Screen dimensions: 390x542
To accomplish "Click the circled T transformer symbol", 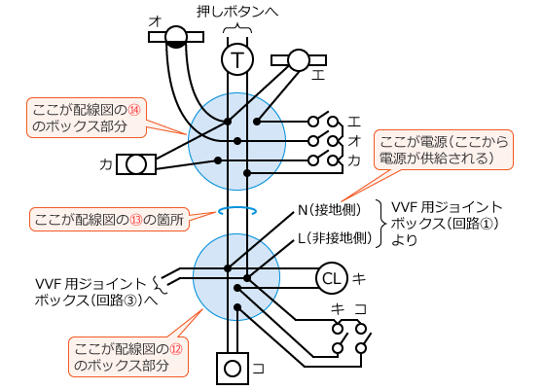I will click(x=236, y=60).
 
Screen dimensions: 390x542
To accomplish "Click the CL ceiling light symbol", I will click(x=331, y=279).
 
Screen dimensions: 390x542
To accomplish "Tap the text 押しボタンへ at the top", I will click(x=238, y=13).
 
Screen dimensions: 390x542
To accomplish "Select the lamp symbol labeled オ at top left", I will click(x=176, y=37).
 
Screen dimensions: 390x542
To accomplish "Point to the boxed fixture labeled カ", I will click(x=137, y=163).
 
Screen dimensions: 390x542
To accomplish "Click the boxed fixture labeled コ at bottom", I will click(x=232, y=369).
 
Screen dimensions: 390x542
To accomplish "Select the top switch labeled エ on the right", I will click(x=324, y=122).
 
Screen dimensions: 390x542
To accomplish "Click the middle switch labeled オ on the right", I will click(x=324, y=140).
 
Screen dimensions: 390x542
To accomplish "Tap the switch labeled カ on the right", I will click(x=324, y=159).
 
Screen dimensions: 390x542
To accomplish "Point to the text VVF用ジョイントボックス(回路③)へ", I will click(x=92, y=291).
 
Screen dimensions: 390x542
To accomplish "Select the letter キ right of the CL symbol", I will click(x=358, y=279).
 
